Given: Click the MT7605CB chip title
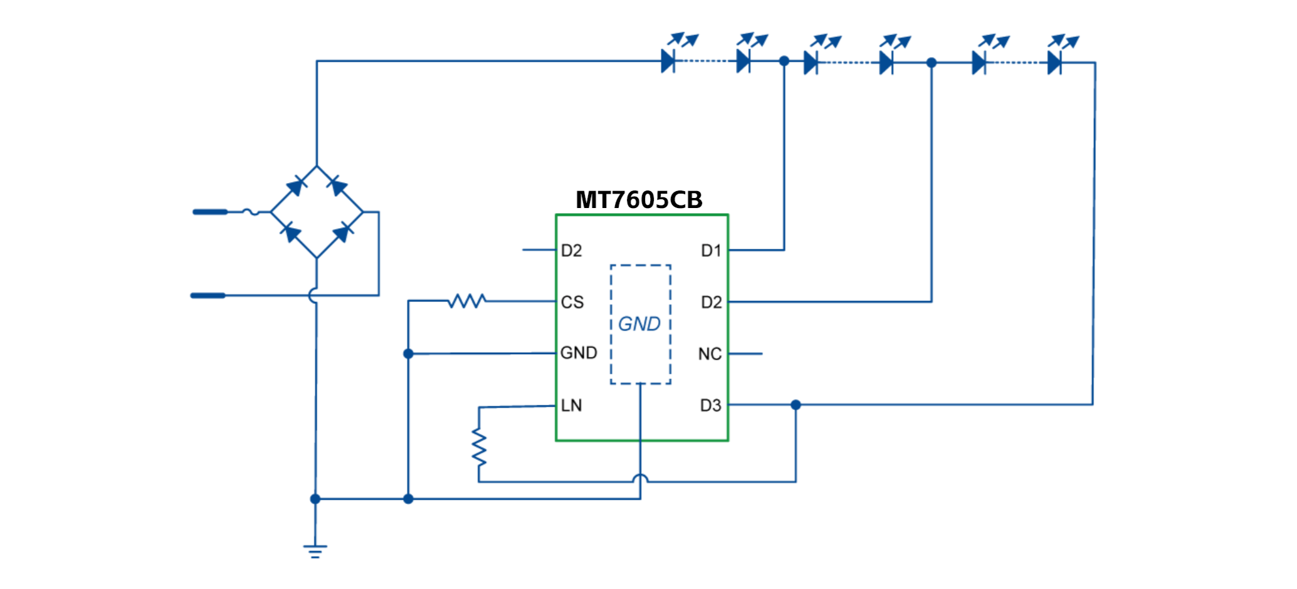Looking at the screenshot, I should tap(639, 200).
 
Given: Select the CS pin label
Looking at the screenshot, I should tap(572, 302).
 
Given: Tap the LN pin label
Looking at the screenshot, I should tap(571, 405).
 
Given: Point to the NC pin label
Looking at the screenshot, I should tap(710, 354).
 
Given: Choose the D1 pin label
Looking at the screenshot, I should tap(711, 251).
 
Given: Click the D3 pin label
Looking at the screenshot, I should tap(710, 405).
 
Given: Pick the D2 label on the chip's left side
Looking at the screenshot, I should tap(571, 251).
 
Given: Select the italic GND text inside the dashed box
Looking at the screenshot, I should tap(639, 324).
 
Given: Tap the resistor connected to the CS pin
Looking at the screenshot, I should tap(467, 301).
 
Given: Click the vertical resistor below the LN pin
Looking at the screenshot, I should tap(479, 447).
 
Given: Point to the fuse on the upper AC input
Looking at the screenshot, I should tap(251, 212).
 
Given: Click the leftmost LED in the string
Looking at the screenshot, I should tap(668, 61).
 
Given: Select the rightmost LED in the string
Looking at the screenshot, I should tap(1054, 63).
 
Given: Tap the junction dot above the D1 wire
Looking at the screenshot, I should tap(784, 61).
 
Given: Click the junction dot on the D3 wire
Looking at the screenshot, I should tap(796, 405).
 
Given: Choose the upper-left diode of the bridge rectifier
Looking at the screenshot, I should tap(296, 186).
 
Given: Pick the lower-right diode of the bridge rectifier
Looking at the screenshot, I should tap(342, 234).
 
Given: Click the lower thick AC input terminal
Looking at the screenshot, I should tap(208, 295).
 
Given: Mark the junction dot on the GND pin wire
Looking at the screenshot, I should tap(408, 354).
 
